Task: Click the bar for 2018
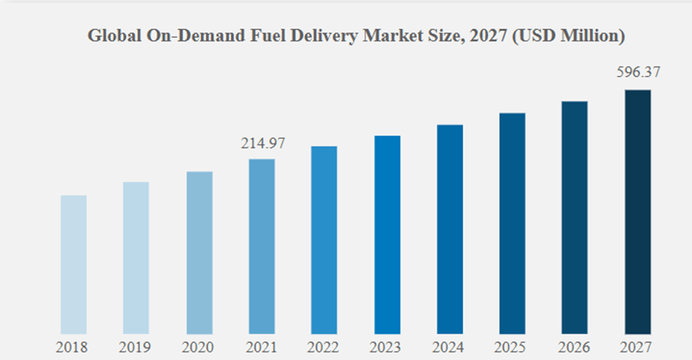74,264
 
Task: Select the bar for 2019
136,258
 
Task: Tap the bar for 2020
199,253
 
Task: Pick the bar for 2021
262,246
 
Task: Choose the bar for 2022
324,240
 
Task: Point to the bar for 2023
388,234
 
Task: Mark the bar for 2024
450,229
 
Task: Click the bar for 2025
512,224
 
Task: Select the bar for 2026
575,217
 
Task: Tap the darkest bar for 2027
637,212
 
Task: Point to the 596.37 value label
637,73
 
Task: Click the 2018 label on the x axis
74,347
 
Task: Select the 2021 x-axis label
262,347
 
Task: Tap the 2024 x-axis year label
450,347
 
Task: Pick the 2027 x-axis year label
637,347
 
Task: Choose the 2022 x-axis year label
324,347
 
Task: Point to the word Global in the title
111,36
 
